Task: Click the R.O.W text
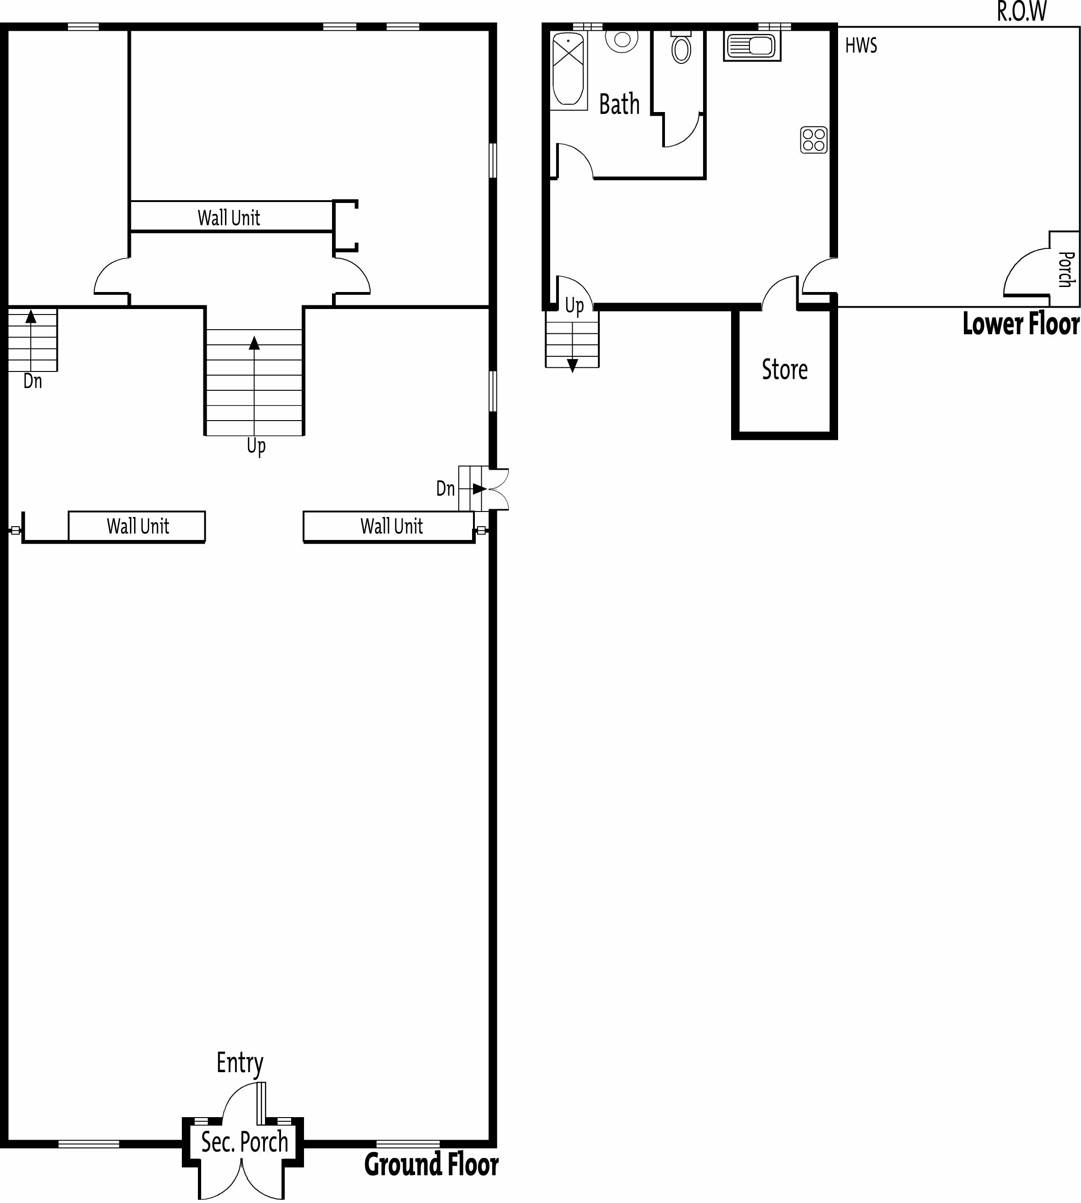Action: (1022, 12)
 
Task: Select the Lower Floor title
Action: (1020, 324)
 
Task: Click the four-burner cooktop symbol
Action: (814, 140)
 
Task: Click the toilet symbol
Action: (681, 47)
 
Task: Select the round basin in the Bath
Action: (622, 40)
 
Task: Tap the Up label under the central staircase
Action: (256, 445)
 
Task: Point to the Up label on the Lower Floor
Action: (574, 306)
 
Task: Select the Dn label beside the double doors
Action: (445, 488)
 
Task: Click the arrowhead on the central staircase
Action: (254, 343)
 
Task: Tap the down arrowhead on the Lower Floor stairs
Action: (573, 366)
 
